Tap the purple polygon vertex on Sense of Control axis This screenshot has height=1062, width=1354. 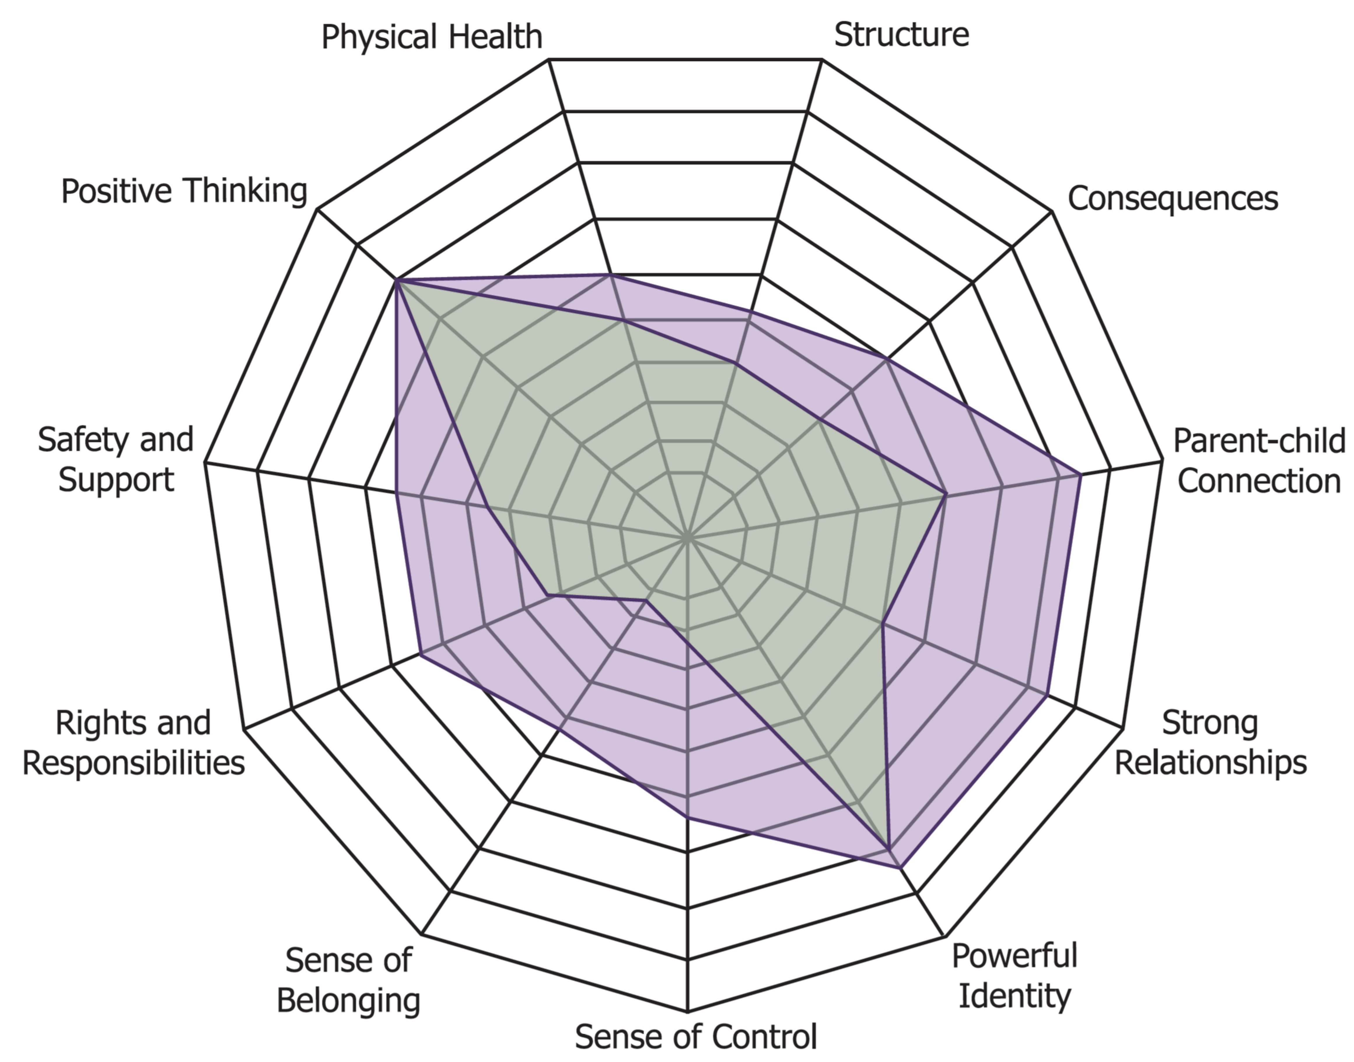(x=687, y=816)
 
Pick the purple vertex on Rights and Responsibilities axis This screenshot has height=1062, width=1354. (x=420, y=654)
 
